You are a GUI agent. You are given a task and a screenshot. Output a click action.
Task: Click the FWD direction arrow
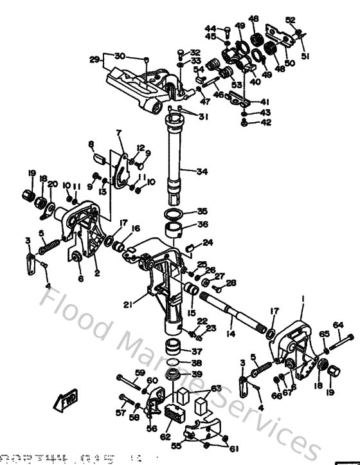click(67, 403)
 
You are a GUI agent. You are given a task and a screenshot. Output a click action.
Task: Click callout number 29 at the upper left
click(94, 60)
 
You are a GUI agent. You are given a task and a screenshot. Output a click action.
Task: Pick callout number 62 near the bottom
click(165, 437)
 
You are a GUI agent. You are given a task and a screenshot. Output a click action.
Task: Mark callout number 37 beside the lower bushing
click(197, 351)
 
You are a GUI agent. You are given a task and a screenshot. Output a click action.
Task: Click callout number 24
click(208, 242)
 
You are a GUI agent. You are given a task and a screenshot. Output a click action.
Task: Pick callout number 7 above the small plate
click(118, 133)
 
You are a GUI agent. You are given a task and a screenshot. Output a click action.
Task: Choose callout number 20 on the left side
click(53, 183)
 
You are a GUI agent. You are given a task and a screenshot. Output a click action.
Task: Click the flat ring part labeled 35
click(172, 214)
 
